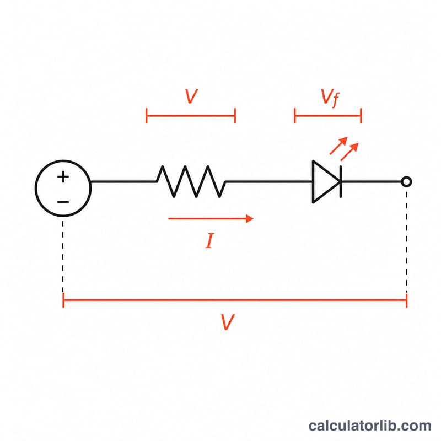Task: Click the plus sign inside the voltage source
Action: point(63,177)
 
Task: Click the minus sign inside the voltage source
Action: point(63,202)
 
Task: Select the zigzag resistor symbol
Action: point(191,181)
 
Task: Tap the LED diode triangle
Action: point(326,182)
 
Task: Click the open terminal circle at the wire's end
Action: point(406,182)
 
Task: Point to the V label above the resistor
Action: point(191,96)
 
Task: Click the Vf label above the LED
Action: point(330,98)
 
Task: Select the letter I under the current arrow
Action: point(209,240)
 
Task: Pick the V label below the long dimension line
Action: point(227,322)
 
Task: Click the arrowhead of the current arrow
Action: point(250,218)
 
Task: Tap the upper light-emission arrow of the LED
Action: point(339,146)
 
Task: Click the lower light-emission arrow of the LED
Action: point(349,152)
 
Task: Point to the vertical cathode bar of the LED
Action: point(341,182)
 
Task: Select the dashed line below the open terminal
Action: point(406,243)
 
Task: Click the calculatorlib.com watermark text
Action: point(370,426)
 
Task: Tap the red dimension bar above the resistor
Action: point(191,116)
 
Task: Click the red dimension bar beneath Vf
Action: point(327,116)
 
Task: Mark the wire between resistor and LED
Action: point(268,182)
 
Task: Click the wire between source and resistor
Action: point(123,182)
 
